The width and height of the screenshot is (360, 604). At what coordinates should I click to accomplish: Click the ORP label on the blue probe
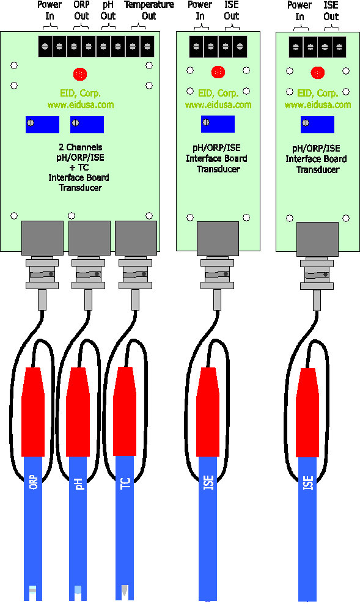[x=34, y=482]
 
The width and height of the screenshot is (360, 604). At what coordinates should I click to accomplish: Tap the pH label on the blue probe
[x=79, y=484]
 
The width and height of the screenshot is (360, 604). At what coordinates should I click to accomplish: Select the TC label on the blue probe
[x=125, y=483]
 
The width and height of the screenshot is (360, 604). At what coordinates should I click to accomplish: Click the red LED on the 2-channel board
[x=79, y=74]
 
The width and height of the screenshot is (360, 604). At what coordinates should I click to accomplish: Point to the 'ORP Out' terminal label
[x=81, y=10]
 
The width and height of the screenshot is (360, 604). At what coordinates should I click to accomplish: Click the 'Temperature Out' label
[x=149, y=10]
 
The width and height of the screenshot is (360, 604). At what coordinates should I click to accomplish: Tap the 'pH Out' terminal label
[x=108, y=10]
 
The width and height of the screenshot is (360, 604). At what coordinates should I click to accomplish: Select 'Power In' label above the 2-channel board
[x=50, y=10]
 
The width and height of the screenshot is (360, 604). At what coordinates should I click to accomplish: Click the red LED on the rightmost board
[x=318, y=72]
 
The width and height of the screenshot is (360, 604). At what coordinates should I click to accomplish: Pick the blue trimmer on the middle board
[x=218, y=123]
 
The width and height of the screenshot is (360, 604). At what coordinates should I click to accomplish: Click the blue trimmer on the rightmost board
[x=317, y=124]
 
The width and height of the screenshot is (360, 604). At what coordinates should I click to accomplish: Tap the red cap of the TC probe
[x=125, y=411]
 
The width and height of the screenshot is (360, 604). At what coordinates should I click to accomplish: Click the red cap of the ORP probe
[x=33, y=412]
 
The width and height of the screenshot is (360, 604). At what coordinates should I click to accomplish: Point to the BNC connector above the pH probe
[x=89, y=274]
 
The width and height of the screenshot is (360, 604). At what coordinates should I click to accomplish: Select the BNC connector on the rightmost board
[x=317, y=274]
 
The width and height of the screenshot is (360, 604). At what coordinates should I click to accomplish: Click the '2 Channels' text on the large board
[x=81, y=147]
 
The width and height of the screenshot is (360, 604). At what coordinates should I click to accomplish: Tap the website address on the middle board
[x=218, y=105]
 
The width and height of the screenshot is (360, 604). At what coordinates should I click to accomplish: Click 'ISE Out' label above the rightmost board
[x=331, y=10]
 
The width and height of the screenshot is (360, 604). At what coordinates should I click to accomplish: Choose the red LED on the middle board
[x=218, y=72]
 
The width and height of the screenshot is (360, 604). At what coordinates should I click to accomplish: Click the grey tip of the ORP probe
[x=33, y=589]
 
